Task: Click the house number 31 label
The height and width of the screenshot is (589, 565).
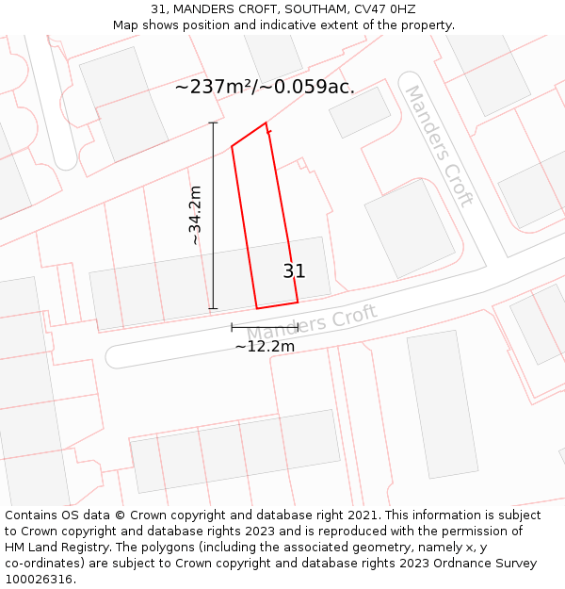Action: [x=294, y=271]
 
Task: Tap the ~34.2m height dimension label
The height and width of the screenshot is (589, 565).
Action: [x=195, y=216]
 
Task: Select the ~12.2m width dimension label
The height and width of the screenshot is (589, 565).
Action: [x=265, y=347]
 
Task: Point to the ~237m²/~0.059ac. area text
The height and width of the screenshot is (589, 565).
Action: [x=265, y=87]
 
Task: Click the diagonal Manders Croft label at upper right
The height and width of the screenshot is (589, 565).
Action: [x=438, y=145]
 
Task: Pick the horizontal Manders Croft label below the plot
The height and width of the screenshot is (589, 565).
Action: [x=312, y=323]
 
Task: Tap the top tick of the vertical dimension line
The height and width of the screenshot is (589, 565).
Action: [x=213, y=123]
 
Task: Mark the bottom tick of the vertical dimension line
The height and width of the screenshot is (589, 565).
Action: [x=213, y=308]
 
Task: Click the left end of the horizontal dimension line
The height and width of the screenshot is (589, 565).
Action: [x=232, y=327]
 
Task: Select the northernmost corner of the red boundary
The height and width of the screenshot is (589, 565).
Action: [x=266, y=123]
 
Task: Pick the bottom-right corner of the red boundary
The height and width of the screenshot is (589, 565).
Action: [x=298, y=303]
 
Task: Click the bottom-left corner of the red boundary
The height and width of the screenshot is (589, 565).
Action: [x=257, y=308]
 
